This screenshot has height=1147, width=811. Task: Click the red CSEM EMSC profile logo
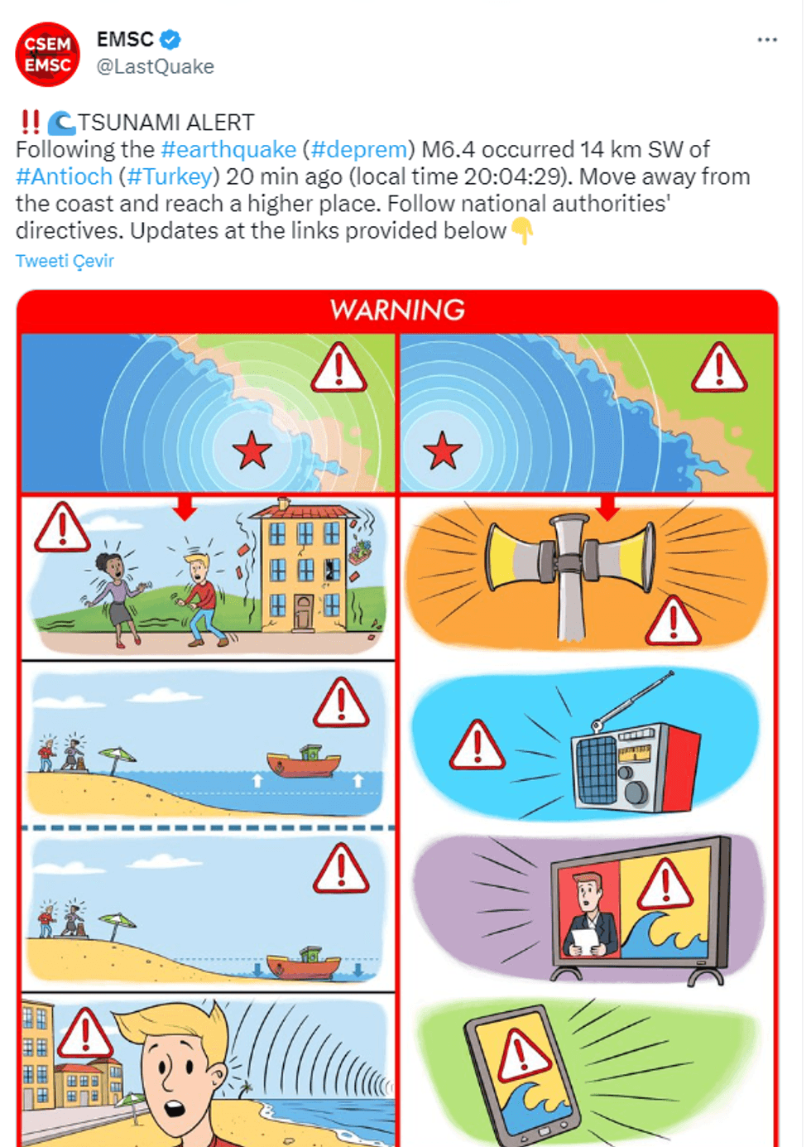48,55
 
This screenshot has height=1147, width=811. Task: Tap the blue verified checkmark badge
170,40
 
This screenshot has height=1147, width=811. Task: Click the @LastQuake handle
156,66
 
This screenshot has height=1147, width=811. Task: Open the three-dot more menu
767,40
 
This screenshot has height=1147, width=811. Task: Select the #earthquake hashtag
228,150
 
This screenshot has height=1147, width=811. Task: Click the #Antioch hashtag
64,176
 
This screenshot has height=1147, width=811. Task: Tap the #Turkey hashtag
170,176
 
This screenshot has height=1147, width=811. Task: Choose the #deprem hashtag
358,150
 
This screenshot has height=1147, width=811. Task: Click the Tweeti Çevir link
65,261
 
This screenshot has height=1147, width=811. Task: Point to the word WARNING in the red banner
397,310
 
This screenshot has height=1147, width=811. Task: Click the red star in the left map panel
252,451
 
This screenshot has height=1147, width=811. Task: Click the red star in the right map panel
443,451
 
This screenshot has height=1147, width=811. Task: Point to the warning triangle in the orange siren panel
673,620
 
